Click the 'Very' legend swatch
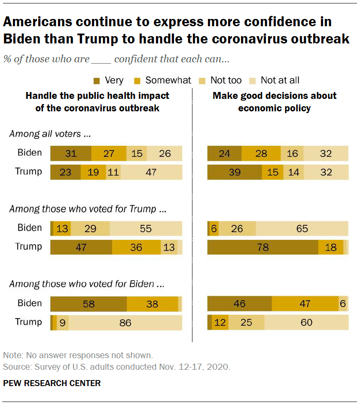(x=97, y=80)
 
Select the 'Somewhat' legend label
(x=168, y=80)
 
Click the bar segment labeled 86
(x=125, y=322)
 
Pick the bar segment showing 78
(x=262, y=247)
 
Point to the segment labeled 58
(x=88, y=304)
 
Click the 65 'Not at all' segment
(x=302, y=228)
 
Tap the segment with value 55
(x=146, y=228)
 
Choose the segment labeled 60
(x=306, y=322)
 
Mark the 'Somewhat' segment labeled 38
(x=153, y=304)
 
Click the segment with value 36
(x=136, y=247)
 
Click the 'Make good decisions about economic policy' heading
(x=275, y=102)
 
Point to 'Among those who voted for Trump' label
(x=88, y=209)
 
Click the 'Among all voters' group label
(x=50, y=134)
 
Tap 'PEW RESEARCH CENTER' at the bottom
(x=52, y=383)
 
